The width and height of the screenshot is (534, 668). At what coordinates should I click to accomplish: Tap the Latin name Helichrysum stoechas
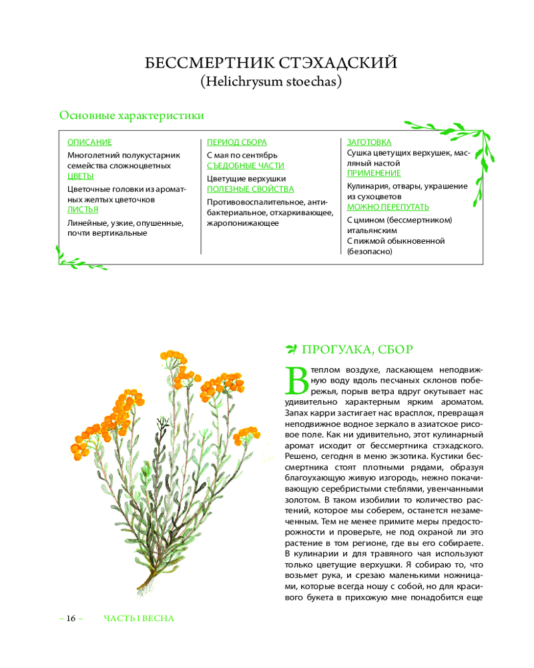[x=271, y=82]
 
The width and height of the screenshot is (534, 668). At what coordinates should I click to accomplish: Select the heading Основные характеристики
[x=131, y=116]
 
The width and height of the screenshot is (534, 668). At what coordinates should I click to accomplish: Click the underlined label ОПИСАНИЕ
[x=89, y=142]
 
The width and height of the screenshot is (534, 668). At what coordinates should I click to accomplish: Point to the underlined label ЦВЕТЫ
[x=81, y=176]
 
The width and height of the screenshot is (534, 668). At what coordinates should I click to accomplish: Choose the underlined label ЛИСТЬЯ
[x=83, y=210]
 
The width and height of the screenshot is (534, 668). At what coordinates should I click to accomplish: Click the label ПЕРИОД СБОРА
[x=237, y=142]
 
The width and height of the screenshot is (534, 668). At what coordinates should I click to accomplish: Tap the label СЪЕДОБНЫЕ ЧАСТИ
[x=246, y=165]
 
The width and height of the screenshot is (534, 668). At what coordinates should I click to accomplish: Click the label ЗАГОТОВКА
[x=369, y=142]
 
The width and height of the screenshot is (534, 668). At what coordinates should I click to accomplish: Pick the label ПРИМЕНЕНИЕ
[x=374, y=173]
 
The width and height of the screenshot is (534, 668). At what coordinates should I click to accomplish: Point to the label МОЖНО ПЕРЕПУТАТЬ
[x=388, y=206]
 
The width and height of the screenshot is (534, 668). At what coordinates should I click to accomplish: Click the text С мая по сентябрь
[x=242, y=155]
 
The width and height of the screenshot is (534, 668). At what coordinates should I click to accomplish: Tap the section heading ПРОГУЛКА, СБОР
[x=357, y=349]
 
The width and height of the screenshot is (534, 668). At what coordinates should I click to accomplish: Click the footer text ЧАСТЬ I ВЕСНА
[x=139, y=618]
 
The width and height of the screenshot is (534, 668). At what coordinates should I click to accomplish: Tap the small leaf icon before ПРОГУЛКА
[x=291, y=349]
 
